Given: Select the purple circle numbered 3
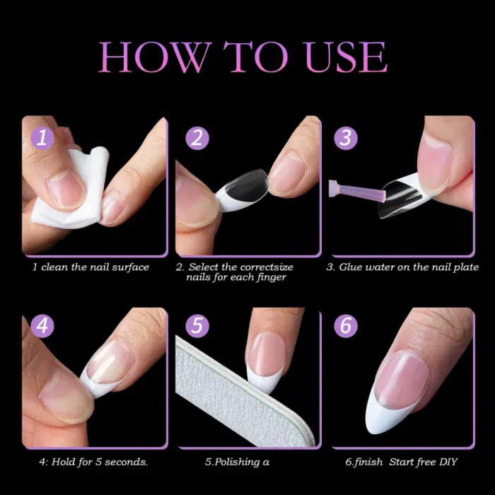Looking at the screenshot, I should point(346,137).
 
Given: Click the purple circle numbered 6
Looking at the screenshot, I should point(346,327).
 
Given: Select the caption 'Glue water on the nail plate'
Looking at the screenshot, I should point(402,267).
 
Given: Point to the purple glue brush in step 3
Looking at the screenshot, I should point(357,190).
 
